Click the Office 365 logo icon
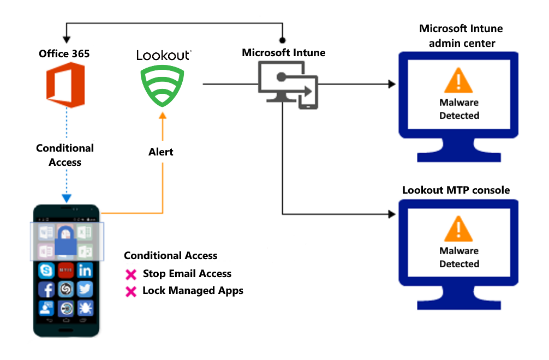[64, 85]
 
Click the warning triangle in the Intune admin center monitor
[458, 81]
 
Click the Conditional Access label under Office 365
[65, 155]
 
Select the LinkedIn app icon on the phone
[85, 270]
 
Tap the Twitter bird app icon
[85, 289]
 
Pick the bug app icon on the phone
[85, 308]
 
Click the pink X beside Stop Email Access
[130, 274]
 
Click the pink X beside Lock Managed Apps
[130, 292]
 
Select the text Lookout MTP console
[456, 190]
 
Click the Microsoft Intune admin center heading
[461, 35]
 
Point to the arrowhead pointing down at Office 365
[66, 40]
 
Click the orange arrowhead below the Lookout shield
[162, 115]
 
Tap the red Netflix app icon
[66, 270]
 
